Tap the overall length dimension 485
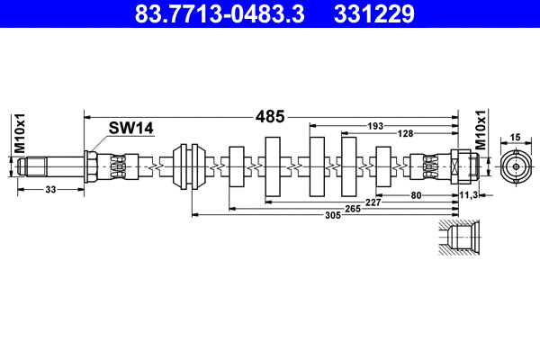point(271,116)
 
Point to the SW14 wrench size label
point(130,129)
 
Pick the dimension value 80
point(417,193)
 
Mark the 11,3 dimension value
point(469,193)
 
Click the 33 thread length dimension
point(49,189)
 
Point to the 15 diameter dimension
point(516,137)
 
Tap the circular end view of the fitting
point(515,166)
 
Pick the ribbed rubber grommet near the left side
point(190,166)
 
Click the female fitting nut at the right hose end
point(459,166)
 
